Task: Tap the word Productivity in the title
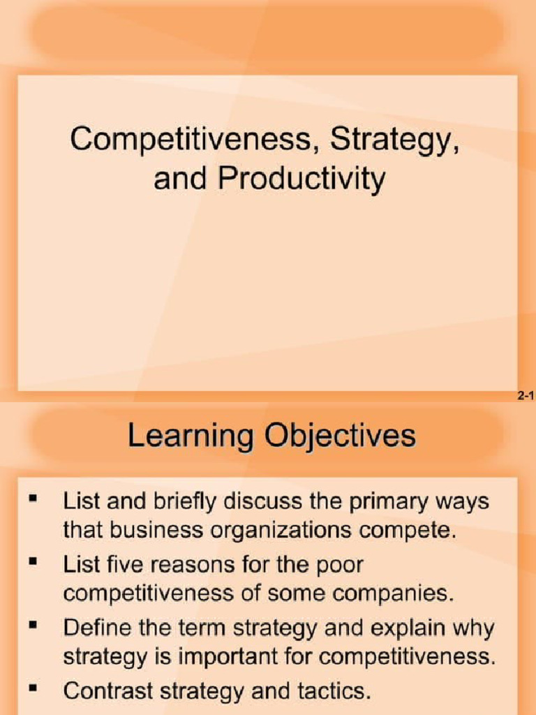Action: click(301, 179)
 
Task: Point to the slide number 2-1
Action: click(526, 397)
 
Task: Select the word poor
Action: click(338, 566)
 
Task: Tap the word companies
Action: click(395, 594)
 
